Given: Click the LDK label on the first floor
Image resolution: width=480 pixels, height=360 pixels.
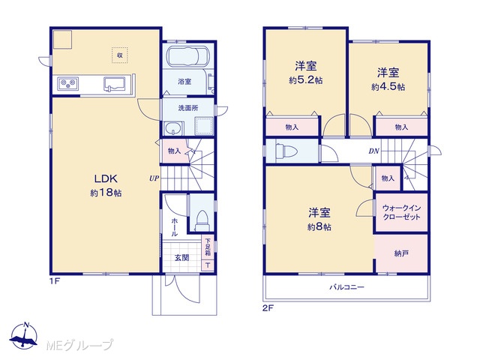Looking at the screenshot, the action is point(106,178).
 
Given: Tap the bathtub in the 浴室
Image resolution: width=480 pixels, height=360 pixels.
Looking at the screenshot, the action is point(188,56).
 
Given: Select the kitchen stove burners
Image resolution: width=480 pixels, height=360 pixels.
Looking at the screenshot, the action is point(68,82).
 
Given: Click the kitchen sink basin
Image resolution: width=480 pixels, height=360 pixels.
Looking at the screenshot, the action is point(115,84).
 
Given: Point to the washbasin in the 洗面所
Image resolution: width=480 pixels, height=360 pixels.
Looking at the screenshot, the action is point(173,128).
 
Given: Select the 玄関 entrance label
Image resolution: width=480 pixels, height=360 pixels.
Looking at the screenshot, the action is point(181,258).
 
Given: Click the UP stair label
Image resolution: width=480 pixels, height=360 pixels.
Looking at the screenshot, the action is point(154,178).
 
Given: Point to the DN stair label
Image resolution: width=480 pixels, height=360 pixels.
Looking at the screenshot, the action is point(374,151).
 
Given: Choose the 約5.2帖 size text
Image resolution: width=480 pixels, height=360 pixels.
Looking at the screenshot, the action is point(305,80).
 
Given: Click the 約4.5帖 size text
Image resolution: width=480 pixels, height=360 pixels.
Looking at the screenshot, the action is point(388,87).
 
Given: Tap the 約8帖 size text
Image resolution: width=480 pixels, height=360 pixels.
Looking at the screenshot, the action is point(319,227).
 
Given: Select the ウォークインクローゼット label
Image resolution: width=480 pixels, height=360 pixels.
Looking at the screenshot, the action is point(401,212).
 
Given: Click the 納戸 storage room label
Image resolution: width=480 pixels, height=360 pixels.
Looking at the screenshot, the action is point(401,253).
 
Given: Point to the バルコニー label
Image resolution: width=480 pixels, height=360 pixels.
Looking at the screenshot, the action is point(346,287).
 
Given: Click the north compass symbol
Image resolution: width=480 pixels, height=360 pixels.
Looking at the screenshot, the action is point(24,336).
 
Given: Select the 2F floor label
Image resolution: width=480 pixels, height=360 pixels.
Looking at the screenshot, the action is point(268,307).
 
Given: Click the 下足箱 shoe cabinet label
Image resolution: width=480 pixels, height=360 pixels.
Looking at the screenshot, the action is point(208,247).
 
